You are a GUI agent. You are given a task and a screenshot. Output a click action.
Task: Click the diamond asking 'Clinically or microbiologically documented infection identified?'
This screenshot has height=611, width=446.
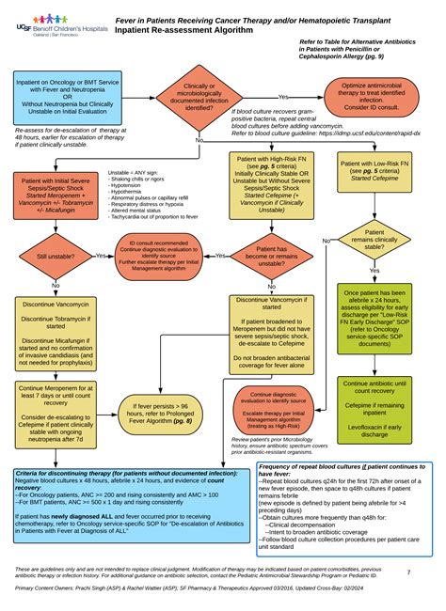pyautogui.click(x=199, y=97)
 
